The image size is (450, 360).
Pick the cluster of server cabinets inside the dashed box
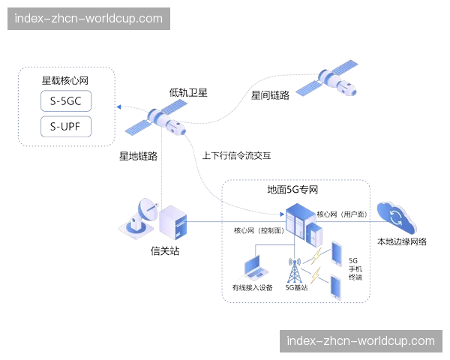coord(300,220)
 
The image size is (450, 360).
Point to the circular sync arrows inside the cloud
coord(395,215)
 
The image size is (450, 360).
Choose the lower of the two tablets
coord(334,288)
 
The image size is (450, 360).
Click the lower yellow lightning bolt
coord(315,278)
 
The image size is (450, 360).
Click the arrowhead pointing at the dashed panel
coord(119,107)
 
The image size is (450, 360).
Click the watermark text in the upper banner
coord(88,19)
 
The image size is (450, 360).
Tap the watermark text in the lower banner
coord(360,341)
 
